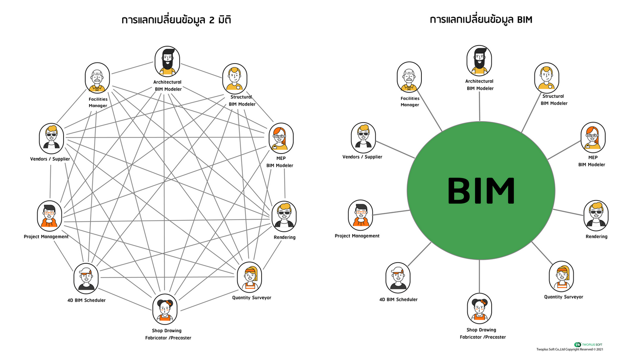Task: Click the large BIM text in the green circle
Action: pyautogui.click(x=481, y=191)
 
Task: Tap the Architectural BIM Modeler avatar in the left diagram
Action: pyautogui.click(x=167, y=62)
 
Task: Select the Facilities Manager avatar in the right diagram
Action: pyautogui.click(x=409, y=77)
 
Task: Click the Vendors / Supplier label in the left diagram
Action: pyautogui.click(x=50, y=159)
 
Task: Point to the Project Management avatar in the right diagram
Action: pyautogui.click(x=360, y=215)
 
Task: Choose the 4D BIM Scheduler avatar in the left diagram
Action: pyautogui.click(x=86, y=278)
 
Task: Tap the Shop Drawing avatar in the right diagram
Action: pyautogui.click(x=480, y=308)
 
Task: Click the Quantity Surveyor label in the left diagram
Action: pyautogui.click(x=251, y=298)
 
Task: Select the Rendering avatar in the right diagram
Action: pyautogui.click(x=596, y=216)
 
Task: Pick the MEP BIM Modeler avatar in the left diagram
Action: pyautogui.click(x=281, y=138)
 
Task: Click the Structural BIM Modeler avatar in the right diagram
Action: pyautogui.click(x=547, y=78)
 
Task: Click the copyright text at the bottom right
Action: pyautogui.click(x=569, y=349)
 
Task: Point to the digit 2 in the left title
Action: pyautogui.click(x=212, y=20)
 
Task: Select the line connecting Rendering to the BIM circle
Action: pyautogui.click(x=568, y=213)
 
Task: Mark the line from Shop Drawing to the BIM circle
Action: pyautogui.click(x=480, y=276)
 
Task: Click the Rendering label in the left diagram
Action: pyautogui.click(x=285, y=237)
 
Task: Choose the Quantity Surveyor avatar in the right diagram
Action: pyautogui.click(x=561, y=276)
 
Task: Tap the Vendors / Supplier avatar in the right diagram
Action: pyautogui.click(x=363, y=138)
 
